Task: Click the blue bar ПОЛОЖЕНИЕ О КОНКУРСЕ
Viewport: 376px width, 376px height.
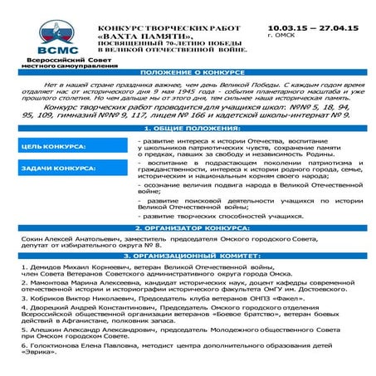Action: (188, 72)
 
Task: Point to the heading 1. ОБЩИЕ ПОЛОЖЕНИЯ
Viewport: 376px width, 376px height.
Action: (188, 129)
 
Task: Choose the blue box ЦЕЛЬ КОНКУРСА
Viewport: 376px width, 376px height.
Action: (55, 147)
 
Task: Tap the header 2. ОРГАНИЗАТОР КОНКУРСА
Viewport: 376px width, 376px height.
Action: (188, 227)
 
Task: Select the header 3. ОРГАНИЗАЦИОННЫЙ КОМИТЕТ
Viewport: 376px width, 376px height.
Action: (188, 256)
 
